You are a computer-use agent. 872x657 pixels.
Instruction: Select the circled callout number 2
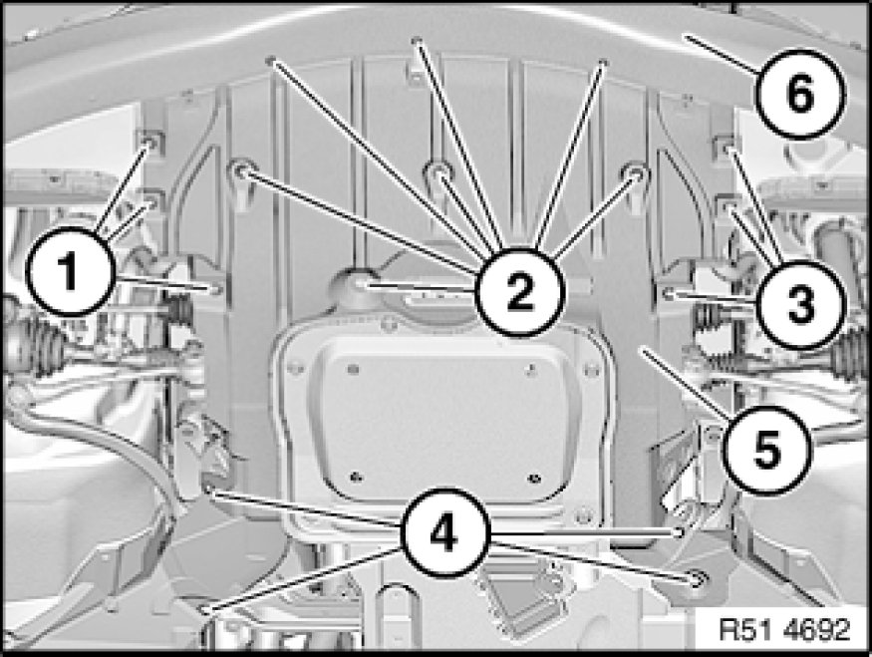[520, 292]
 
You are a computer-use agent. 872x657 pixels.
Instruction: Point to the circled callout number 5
[767, 450]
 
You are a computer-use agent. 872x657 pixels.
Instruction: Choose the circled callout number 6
[801, 94]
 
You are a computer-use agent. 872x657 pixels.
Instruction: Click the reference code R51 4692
[784, 629]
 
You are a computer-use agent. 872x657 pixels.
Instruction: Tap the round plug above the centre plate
[356, 285]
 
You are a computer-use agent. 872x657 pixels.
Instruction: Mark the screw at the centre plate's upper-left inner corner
[353, 368]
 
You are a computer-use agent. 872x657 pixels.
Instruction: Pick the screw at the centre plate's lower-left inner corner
[355, 477]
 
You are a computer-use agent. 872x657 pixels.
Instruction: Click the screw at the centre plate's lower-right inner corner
[534, 478]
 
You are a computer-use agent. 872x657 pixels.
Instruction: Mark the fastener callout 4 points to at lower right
[696, 579]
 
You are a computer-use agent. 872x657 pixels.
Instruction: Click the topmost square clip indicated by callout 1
[150, 144]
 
